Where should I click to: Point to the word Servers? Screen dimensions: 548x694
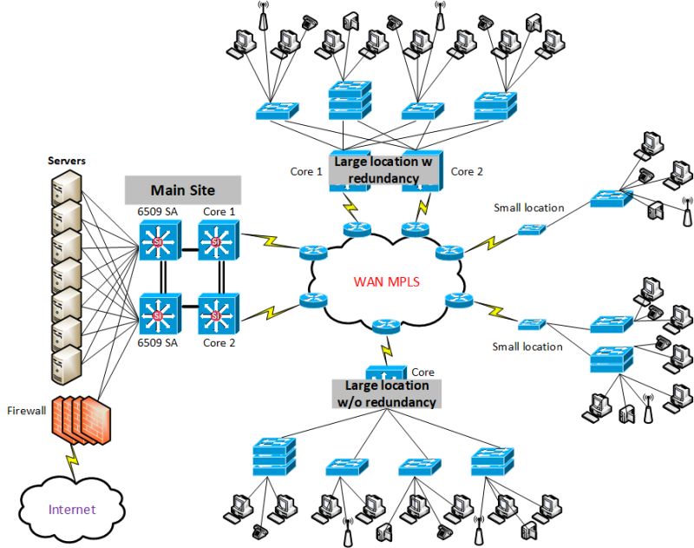tap(66, 162)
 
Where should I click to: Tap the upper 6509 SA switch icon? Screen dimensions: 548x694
tap(158, 241)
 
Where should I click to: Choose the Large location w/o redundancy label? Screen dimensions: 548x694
tap(387, 393)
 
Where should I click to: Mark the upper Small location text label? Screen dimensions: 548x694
tap(529, 208)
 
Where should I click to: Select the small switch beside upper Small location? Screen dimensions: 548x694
tap(533, 230)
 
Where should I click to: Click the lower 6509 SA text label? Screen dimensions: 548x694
tap(158, 344)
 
